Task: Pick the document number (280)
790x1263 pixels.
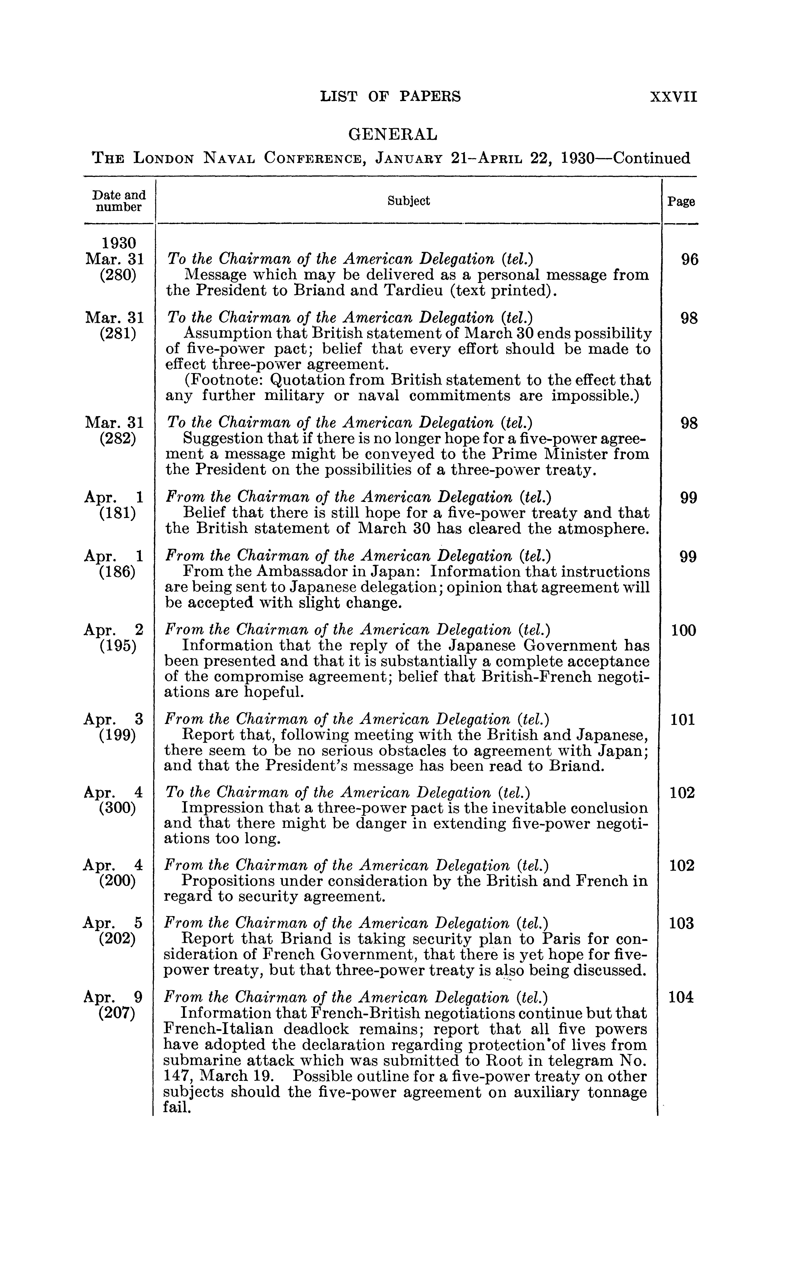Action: point(117,274)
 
